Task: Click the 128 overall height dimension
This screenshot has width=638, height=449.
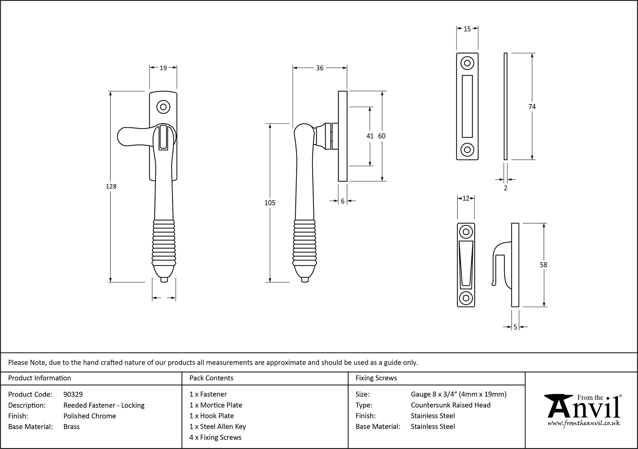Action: (x=111, y=186)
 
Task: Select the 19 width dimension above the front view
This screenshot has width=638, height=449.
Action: (x=163, y=68)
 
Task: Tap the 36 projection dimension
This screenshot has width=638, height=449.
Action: (x=320, y=68)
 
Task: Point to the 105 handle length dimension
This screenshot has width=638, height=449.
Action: (x=270, y=203)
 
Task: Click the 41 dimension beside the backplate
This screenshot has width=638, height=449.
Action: (x=370, y=136)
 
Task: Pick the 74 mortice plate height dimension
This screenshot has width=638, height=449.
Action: (x=532, y=107)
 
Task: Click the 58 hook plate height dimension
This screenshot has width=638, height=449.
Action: (x=543, y=265)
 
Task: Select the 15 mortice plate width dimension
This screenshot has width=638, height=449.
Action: (x=467, y=29)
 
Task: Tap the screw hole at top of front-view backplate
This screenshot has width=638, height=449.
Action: (x=163, y=107)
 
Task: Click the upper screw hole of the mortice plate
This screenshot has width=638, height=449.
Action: (x=467, y=63)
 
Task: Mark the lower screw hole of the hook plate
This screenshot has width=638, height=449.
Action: (x=466, y=298)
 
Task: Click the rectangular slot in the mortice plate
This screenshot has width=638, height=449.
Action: (x=467, y=106)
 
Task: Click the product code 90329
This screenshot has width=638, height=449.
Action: (x=73, y=394)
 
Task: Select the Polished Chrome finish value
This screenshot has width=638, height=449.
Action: (x=90, y=416)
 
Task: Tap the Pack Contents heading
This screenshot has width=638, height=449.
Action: (x=211, y=378)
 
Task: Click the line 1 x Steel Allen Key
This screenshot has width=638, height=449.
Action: (x=218, y=427)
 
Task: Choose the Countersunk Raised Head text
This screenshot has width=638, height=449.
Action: (x=450, y=405)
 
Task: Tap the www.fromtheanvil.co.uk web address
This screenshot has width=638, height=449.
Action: (x=583, y=423)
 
